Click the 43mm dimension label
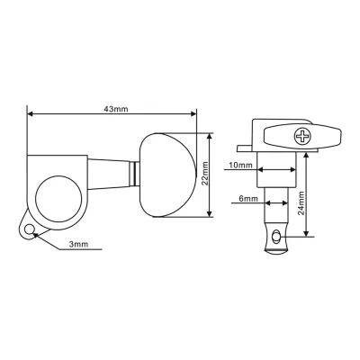(116, 109)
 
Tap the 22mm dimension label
(205, 174)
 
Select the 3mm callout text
(79, 244)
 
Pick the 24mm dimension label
(301, 203)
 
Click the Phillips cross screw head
(301, 136)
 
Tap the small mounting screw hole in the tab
(29, 229)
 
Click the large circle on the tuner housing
(58, 199)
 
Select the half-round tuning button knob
(167, 175)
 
